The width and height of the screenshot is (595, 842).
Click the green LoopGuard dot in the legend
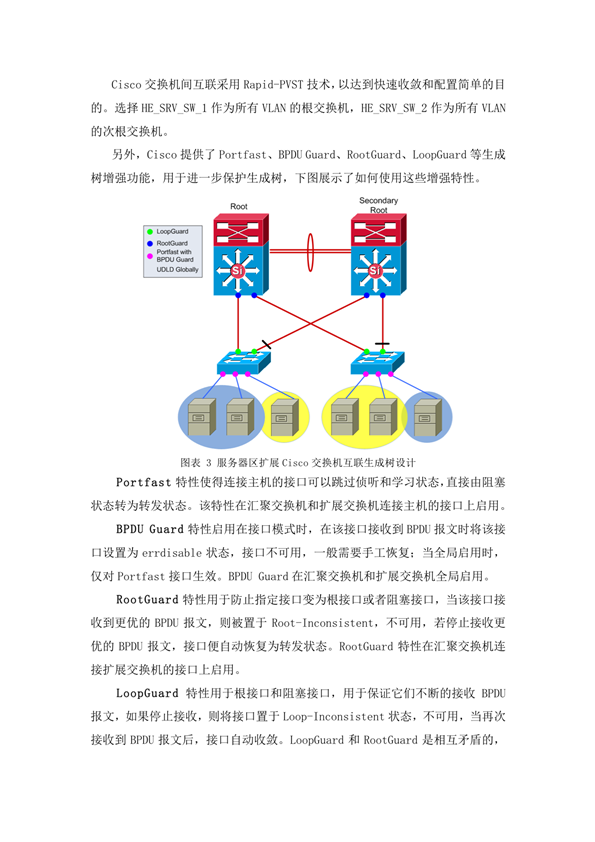150,232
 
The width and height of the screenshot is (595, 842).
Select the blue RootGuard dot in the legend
150,244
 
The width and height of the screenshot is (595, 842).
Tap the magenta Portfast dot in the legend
150,256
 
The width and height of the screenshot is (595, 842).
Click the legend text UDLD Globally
177,270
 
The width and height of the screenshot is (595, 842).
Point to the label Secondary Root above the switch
379,205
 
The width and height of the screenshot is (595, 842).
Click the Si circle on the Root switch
237,271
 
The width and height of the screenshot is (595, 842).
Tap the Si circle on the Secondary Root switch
375,271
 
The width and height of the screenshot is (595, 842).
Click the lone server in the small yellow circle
285,417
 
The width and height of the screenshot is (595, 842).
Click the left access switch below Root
243,362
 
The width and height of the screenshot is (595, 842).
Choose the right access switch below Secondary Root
377,362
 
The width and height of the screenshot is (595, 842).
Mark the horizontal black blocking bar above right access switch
382,344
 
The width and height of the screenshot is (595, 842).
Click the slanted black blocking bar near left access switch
266,344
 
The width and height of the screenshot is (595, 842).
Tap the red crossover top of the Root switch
240,230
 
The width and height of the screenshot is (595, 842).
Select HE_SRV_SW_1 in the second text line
174,108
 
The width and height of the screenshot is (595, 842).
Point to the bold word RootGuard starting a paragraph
147,599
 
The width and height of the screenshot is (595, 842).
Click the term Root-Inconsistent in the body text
322,623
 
